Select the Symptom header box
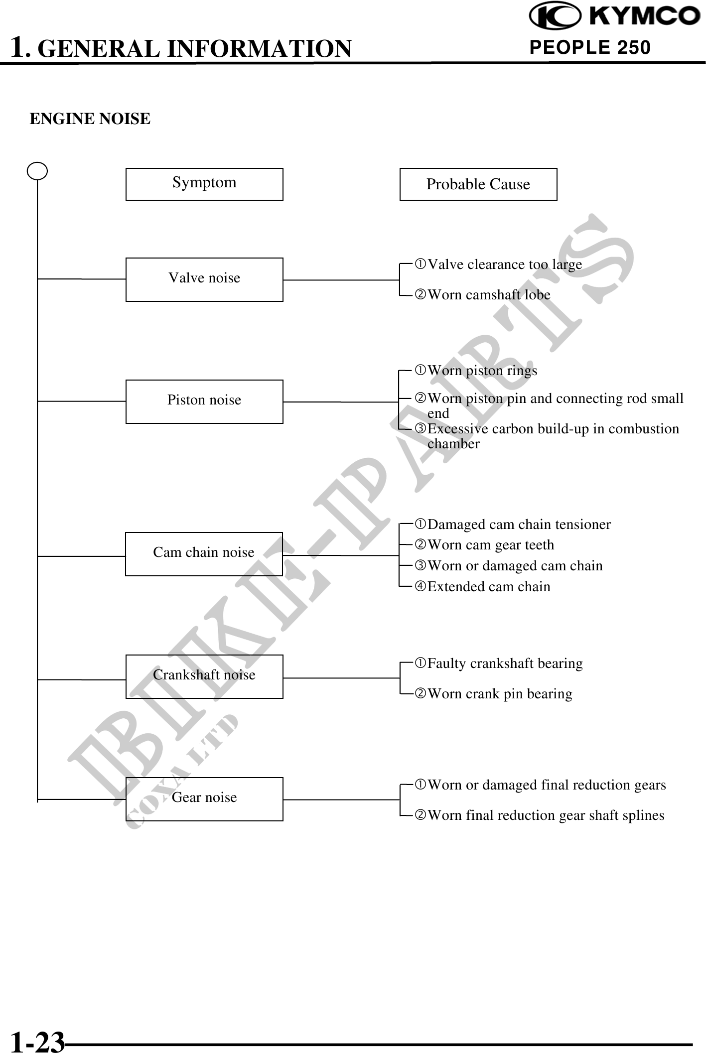[x=204, y=184]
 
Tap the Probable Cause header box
[x=478, y=184]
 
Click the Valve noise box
[x=204, y=279]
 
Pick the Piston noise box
[x=204, y=401]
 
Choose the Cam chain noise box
[x=204, y=554]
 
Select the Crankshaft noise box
[x=204, y=676]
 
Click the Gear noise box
[x=204, y=799]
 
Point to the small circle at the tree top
[x=37, y=171]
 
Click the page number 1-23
[x=38, y=1040]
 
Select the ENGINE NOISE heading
[x=90, y=119]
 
